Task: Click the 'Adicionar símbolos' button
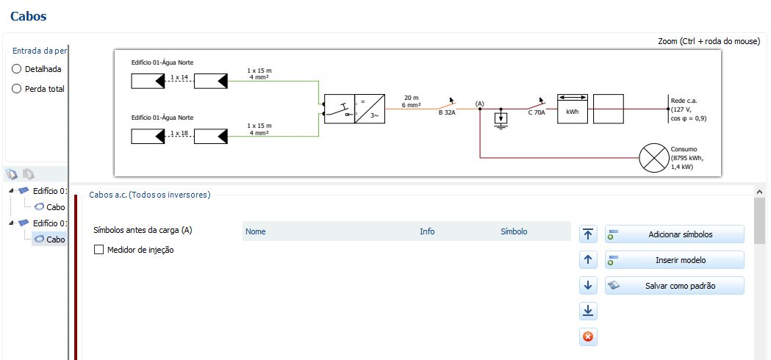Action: tap(674, 234)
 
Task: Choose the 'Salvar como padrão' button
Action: tap(674, 286)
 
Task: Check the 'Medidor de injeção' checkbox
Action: tap(99, 250)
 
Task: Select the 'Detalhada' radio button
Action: tap(17, 69)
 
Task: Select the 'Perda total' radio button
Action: tap(17, 89)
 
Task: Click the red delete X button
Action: tap(588, 337)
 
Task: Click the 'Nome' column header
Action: tap(256, 231)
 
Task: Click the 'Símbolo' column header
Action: tap(513, 231)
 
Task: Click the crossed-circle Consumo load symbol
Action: tap(650, 157)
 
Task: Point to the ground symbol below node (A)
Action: tap(501, 120)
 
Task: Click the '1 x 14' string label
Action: tap(179, 77)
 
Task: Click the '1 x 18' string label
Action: tap(179, 133)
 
